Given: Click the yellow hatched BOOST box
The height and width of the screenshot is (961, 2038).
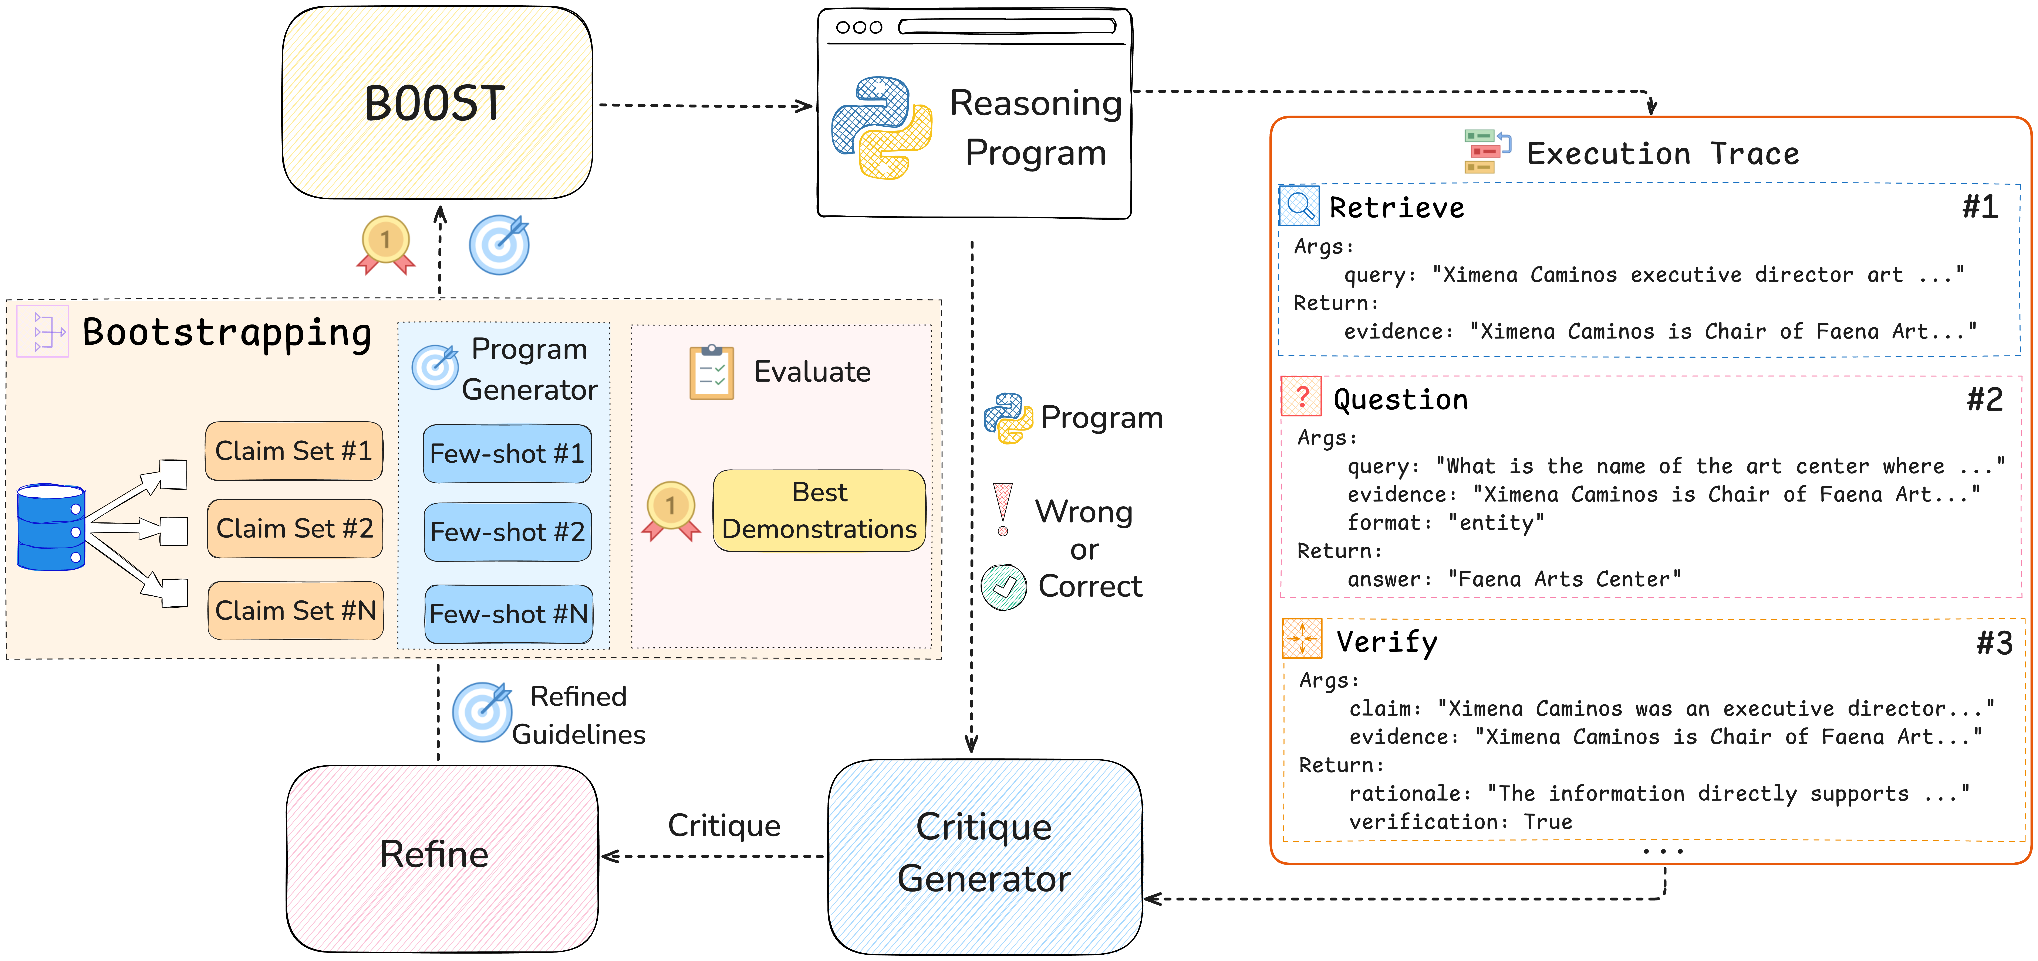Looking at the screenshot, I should pos(438,103).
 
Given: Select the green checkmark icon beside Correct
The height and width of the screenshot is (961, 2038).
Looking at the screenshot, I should pos(1004,587).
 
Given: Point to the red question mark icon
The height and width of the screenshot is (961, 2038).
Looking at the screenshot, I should pos(1301,396).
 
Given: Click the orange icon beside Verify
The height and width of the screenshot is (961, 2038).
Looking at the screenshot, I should pos(1301,638).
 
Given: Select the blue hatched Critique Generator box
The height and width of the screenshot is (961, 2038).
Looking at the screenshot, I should pos(986,857).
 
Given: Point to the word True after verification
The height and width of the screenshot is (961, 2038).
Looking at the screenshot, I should pos(1548,822).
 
